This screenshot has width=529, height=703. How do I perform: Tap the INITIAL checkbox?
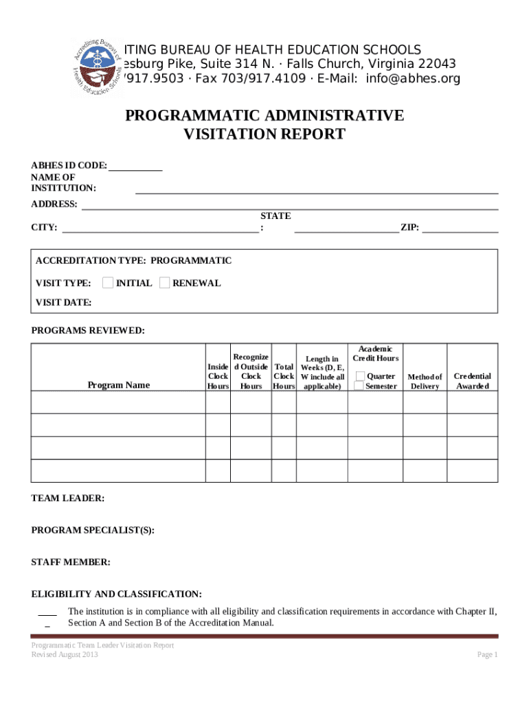tap(108, 283)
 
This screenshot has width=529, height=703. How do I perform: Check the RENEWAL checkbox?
tap(164, 283)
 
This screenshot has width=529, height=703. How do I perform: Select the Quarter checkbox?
tap(359, 376)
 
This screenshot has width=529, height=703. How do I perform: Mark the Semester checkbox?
tap(359, 386)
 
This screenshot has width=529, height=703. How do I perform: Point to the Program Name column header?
tap(118, 385)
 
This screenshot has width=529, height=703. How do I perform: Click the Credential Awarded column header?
tap(472, 381)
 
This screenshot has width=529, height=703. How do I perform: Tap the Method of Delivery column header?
tap(425, 381)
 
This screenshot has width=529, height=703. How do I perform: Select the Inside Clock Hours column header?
tap(218, 376)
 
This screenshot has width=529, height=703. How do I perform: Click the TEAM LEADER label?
tap(68, 498)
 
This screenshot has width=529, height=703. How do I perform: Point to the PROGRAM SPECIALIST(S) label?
tap(93, 530)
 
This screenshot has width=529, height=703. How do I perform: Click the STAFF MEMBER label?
tap(70, 562)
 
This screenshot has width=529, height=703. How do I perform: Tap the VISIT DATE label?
tap(63, 303)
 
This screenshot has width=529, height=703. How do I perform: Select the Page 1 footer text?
tap(487, 655)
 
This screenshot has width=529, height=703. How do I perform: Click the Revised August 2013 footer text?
tap(65, 655)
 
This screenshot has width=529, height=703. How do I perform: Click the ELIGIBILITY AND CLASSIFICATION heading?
tap(117, 594)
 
